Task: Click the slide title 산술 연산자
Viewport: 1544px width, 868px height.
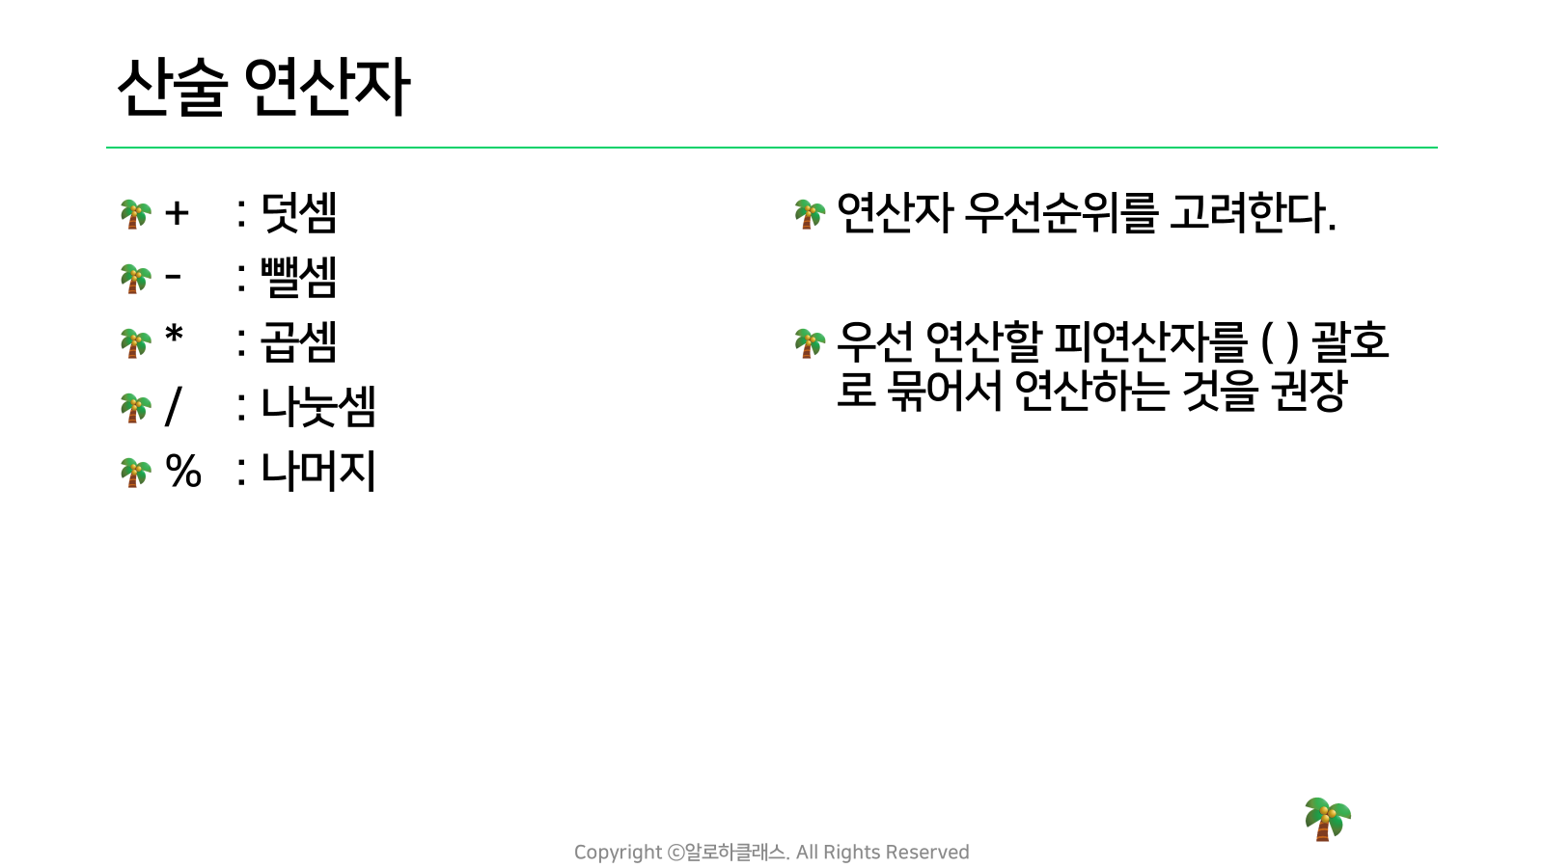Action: tap(264, 88)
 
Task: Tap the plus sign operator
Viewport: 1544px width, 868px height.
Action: tap(177, 213)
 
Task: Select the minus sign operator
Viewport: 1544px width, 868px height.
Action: tap(173, 278)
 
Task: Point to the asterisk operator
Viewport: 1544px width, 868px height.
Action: tap(175, 336)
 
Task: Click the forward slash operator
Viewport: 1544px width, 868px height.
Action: tap(174, 406)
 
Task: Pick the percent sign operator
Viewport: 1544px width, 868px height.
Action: tap(183, 472)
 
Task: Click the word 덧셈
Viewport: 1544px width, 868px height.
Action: tap(298, 213)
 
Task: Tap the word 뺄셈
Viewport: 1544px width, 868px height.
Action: tap(298, 278)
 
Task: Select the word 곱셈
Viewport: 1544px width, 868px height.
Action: tap(298, 341)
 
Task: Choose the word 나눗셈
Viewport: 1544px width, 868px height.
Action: tap(317, 406)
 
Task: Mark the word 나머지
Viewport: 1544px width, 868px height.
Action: tap(317, 472)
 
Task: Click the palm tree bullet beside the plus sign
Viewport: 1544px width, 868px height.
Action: tap(135, 214)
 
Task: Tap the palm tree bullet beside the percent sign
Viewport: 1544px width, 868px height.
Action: tap(135, 473)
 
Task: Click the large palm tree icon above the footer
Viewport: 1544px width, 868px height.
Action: tap(1328, 819)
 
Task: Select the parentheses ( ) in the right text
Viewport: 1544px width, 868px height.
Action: tap(1280, 342)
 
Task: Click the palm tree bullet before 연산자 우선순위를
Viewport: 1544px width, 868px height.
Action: tap(810, 214)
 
